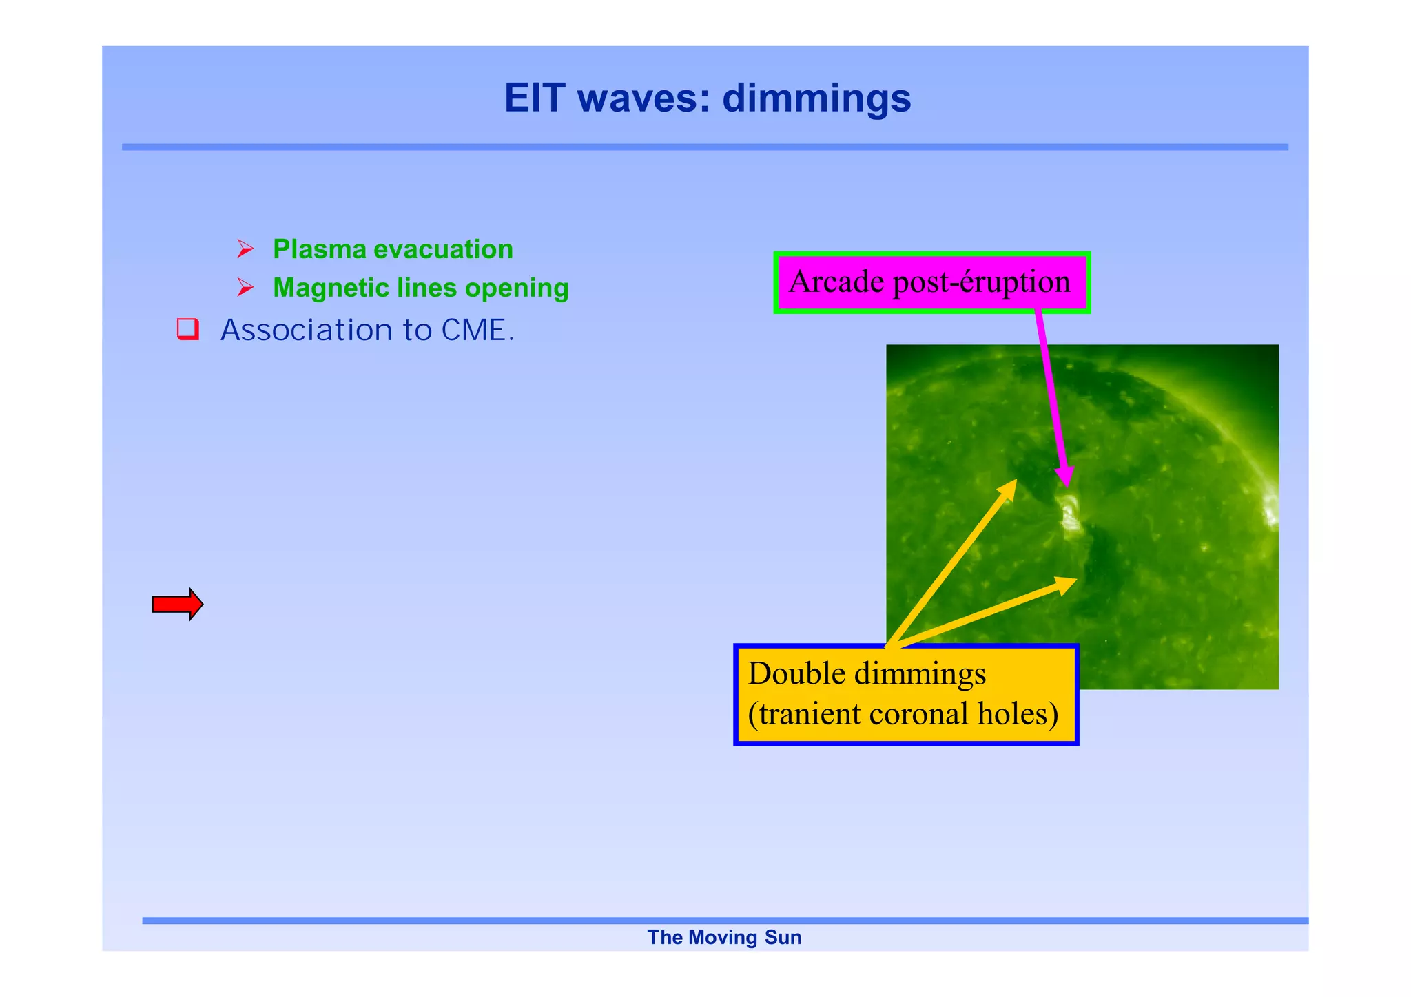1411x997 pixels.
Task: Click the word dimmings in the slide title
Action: (x=816, y=98)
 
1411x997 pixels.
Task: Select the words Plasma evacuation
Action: (x=393, y=249)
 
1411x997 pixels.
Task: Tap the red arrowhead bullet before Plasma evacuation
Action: (x=245, y=249)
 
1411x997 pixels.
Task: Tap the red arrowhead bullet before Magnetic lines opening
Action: (x=245, y=287)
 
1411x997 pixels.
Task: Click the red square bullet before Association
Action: (x=187, y=329)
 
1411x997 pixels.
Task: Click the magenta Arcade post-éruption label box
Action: (x=931, y=282)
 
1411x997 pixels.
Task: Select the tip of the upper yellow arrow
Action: (x=1016, y=481)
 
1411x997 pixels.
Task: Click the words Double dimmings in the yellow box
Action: (x=867, y=673)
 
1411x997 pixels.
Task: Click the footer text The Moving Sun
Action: (x=724, y=937)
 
